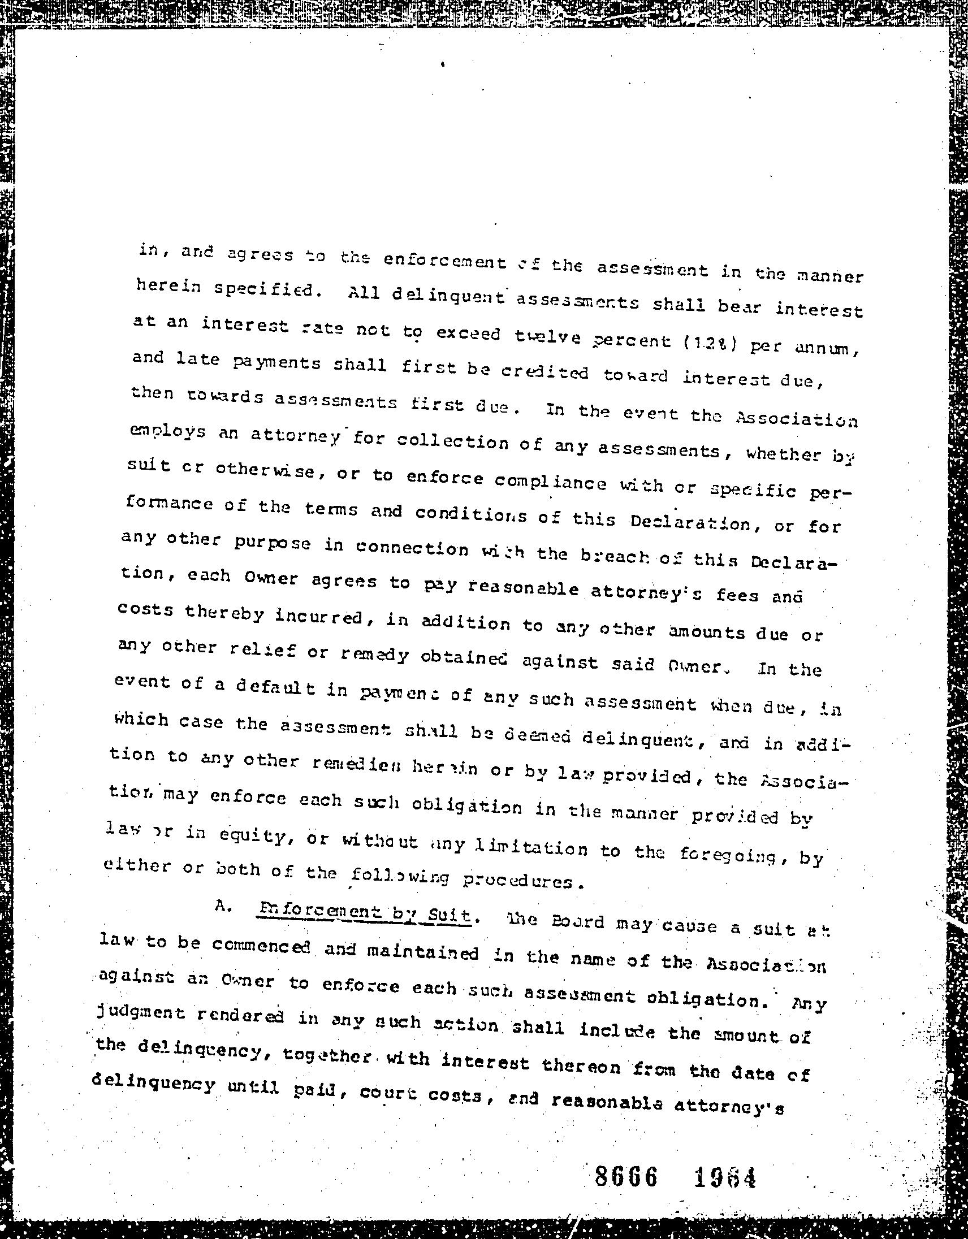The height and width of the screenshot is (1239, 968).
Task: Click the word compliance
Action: coord(550,483)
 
